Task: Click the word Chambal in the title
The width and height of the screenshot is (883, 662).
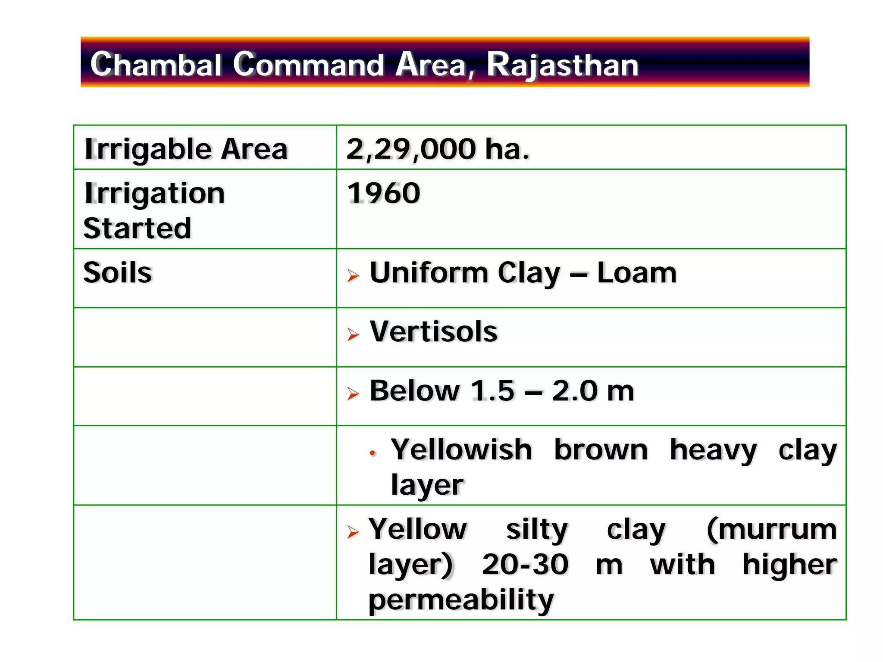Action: click(156, 64)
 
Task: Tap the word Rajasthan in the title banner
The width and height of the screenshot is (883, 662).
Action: click(562, 65)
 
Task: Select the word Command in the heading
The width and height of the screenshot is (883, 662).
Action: click(308, 64)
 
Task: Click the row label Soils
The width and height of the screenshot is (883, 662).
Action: click(118, 272)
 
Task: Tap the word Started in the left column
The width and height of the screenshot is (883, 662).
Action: click(137, 228)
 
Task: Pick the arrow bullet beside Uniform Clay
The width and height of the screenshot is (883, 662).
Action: click(353, 275)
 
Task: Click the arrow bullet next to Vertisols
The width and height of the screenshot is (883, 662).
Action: click(353, 334)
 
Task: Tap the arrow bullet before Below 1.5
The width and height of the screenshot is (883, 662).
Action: click(353, 393)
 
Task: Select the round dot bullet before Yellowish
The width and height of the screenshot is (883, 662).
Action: click(373, 453)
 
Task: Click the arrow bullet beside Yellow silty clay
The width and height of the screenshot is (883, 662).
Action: click(353, 532)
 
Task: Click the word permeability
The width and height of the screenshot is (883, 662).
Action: click(461, 600)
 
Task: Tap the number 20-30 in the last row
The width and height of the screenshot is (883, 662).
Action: click(525, 564)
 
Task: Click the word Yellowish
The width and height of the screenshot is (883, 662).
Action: click(461, 450)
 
